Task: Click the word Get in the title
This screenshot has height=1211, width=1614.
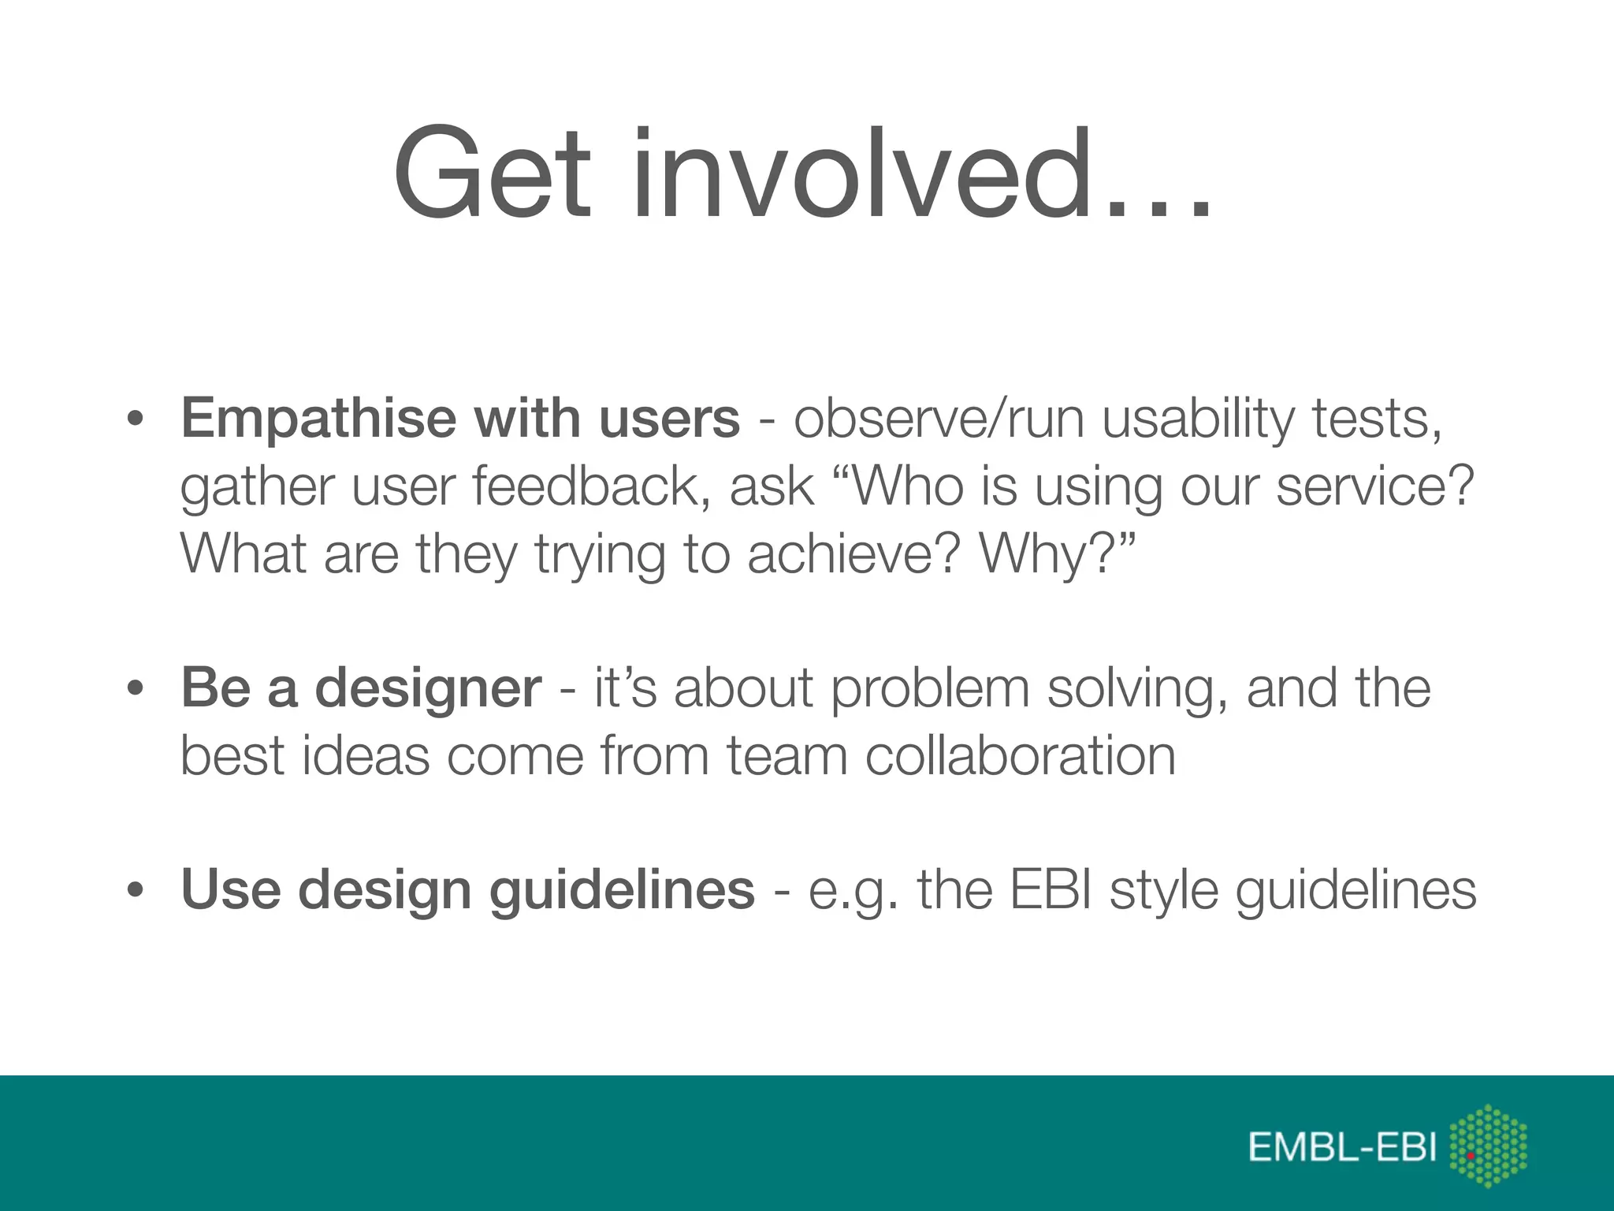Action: [x=493, y=173]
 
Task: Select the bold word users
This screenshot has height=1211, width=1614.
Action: [x=669, y=418]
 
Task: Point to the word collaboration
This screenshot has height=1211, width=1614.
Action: [x=1020, y=755]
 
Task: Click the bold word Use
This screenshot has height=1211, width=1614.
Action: [x=231, y=889]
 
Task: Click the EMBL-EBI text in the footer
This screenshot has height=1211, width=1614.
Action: [x=1343, y=1147]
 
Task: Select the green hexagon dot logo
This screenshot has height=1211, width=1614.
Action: [x=1488, y=1146]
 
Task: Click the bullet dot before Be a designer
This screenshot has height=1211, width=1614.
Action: [x=136, y=688]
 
